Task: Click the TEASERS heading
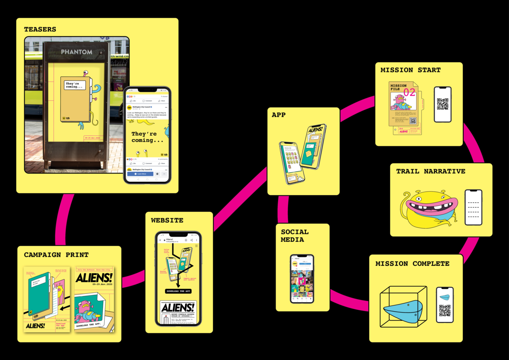point(40,30)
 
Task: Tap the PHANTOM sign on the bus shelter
point(77,52)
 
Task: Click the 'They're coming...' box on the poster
point(75,85)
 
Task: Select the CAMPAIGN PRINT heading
point(56,255)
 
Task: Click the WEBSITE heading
point(167,221)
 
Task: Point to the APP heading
point(278,115)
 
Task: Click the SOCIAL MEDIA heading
point(295,236)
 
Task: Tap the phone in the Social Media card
point(302,279)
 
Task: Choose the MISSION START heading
point(411,70)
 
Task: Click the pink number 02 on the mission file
point(409,92)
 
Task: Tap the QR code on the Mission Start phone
point(443,104)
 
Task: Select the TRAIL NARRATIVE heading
point(431,171)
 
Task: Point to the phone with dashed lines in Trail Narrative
point(473,207)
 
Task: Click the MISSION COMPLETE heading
point(412,264)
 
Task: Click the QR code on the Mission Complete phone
point(445,310)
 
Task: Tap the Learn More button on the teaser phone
point(140,173)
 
